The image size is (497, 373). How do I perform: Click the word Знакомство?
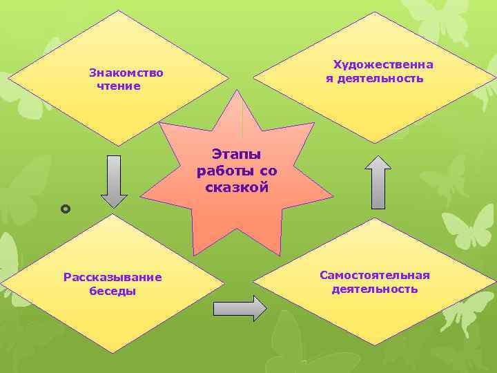126,72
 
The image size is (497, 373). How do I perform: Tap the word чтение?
119,86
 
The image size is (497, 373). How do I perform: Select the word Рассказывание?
113,277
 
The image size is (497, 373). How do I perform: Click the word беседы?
113,291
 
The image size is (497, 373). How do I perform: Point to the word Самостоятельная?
375,275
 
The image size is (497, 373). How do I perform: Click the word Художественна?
384,65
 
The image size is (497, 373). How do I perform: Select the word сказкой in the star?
237,187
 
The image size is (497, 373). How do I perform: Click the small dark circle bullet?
66,208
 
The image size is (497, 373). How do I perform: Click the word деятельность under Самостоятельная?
375,289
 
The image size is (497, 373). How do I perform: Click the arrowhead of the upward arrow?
378,163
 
